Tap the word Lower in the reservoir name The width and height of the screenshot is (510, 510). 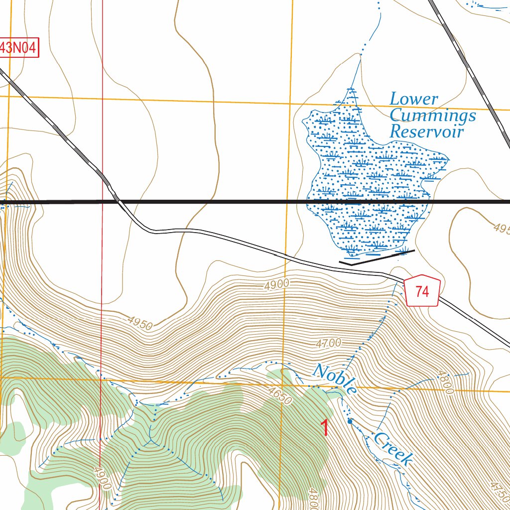pyautogui.click(x=413, y=99)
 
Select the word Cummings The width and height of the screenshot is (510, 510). pyautogui.click(x=432, y=116)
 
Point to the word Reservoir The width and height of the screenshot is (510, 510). pyautogui.click(x=426, y=132)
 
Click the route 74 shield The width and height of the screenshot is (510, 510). pyautogui.click(x=422, y=291)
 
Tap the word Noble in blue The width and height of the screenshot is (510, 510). pyautogui.click(x=335, y=380)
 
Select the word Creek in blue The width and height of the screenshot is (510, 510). pyautogui.click(x=393, y=448)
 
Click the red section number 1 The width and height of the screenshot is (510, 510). pyautogui.click(x=325, y=428)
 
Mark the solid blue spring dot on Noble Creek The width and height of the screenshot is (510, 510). pyautogui.click(x=350, y=421)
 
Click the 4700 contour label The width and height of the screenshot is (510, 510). pyautogui.click(x=328, y=343)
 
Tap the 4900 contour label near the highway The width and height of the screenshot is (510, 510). pyautogui.click(x=277, y=284)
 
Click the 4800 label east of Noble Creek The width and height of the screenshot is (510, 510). pyautogui.click(x=445, y=382)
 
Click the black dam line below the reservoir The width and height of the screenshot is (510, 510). pyautogui.click(x=377, y=257)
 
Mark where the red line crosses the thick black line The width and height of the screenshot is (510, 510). pyautogui.click(x=102, y=202)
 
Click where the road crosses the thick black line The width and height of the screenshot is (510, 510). pyautogui.click(x=118, y=202)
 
